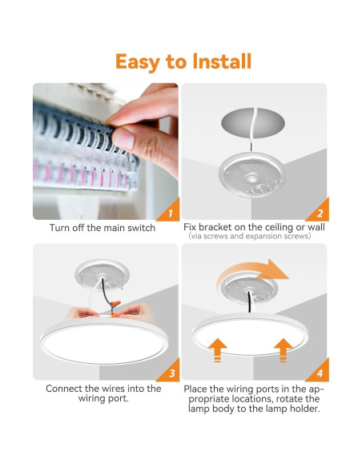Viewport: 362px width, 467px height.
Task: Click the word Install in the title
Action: pyautogui.click(x=218, y=62)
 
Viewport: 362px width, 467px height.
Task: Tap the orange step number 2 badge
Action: pyautogui.click(x=318, y=214)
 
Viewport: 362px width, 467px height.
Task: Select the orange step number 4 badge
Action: pyautogui.click(x=318, y=373)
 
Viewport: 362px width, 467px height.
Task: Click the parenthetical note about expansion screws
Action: pyautogui.click(x=254, y=237)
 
